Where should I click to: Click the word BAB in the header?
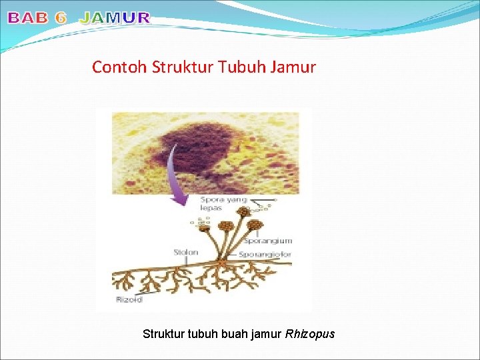[27, 19]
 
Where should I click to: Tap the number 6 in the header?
[61, 19]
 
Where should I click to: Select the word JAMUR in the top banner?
[115, 19]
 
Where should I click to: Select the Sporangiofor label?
[265, 255]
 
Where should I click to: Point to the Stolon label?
[186, 253]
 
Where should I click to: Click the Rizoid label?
[129, 299]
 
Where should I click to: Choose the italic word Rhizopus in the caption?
[309, 333]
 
